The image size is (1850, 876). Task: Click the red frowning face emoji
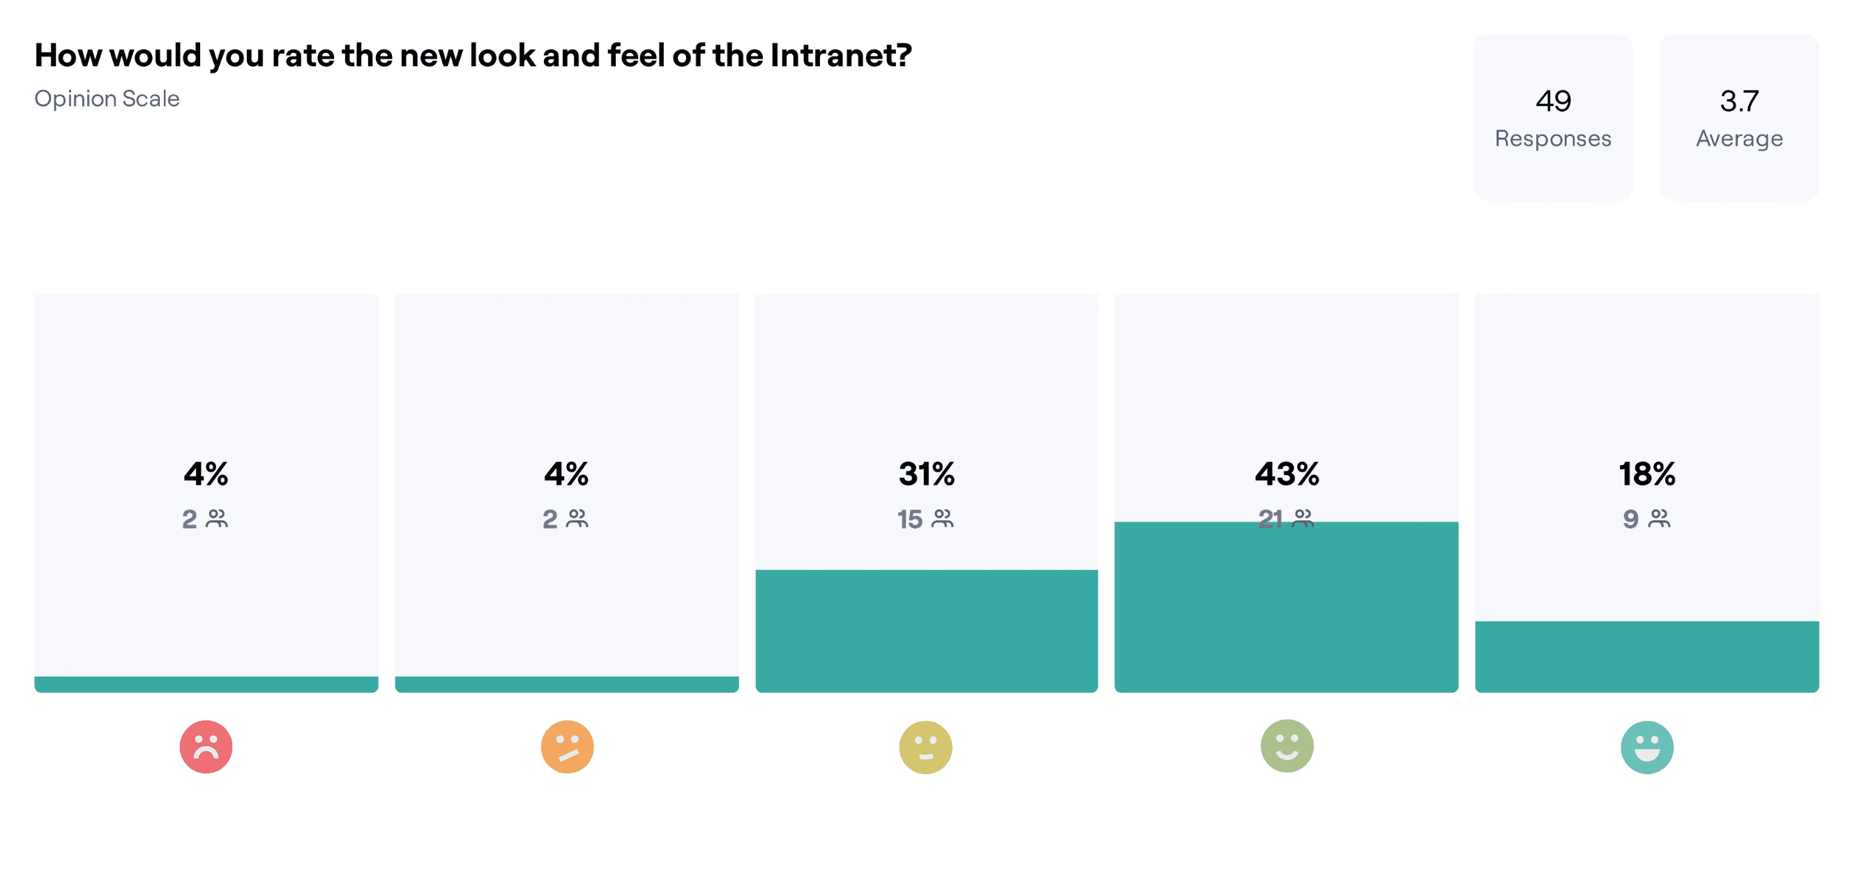point(206,747)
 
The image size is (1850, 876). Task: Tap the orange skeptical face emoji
point(568,747)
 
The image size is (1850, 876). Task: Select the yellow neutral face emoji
point(926,747)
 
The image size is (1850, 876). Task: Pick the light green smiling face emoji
point(1287,746)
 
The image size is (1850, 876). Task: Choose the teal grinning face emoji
point(1647,747)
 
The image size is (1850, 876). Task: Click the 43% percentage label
point(1287,474)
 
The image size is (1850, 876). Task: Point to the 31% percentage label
point(927,474)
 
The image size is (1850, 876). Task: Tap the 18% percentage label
point(1647,474)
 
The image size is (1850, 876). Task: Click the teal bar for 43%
point(1287,607)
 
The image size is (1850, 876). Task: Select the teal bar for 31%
point(927,631)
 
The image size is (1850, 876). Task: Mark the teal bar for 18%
point(1647,656)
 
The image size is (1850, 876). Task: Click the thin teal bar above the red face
point(206,684)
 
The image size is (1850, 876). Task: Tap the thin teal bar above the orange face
point(567,684)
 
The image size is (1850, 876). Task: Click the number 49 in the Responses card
point(1554,101)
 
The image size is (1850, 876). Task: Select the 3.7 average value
point(1739,101)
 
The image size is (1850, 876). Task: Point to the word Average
point(1739,139)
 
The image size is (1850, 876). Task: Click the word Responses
point(1554,139)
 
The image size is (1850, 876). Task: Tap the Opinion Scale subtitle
point(107,98)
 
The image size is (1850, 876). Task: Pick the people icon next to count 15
point(943,518)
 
